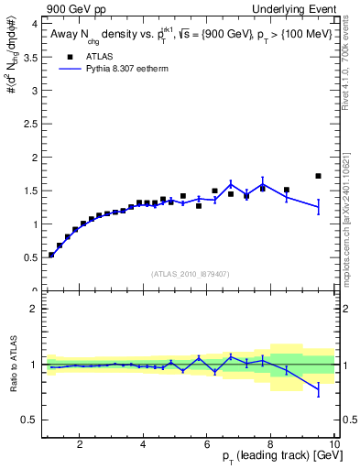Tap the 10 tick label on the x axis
(333, 444)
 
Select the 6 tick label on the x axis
(207, 444)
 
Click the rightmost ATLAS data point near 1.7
(318, 176)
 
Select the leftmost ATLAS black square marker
(51, 255)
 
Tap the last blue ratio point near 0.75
(318, 390)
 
